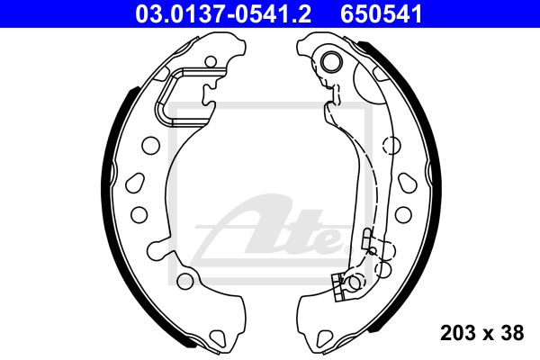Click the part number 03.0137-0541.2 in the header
click(223, 14)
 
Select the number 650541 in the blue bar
click(382, 14)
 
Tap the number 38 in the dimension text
click(512, 333)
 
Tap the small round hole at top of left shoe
click(211, 62)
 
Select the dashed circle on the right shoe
click(391, 146)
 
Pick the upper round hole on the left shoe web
click(150, 146)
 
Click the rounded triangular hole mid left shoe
click(135, 184)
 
